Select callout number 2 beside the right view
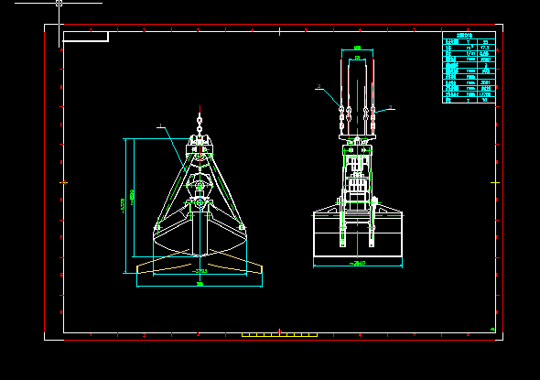pyautogui.click(x=318, y=88)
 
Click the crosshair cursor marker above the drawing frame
pyautogui.click(x=59, y=4)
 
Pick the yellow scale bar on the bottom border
pyautogui.click(x=279, y=335)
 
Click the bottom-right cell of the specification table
pyautogui.click(x=485, y=100)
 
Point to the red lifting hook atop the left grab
pyautogui.click(x=200, y=119)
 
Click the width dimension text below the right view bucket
pyautogui.click(x=358, y=264)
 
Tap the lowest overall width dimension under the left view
pyautogui.click(x=200, y=285)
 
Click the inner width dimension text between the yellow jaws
pyautogui.click(x=200, y=271)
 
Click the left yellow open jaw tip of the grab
pyautogui.click(x=139, y=268)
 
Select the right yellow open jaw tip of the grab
pyautogui.click(x=260, y=268)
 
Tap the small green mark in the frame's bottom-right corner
pyautogui.click(x=492, y=330)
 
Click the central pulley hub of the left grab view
pyautogui.click(x=200, y=187)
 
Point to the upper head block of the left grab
pyautogui.click(x=200, y=144)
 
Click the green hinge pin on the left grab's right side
pyautogui.click(x=242, y=225)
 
